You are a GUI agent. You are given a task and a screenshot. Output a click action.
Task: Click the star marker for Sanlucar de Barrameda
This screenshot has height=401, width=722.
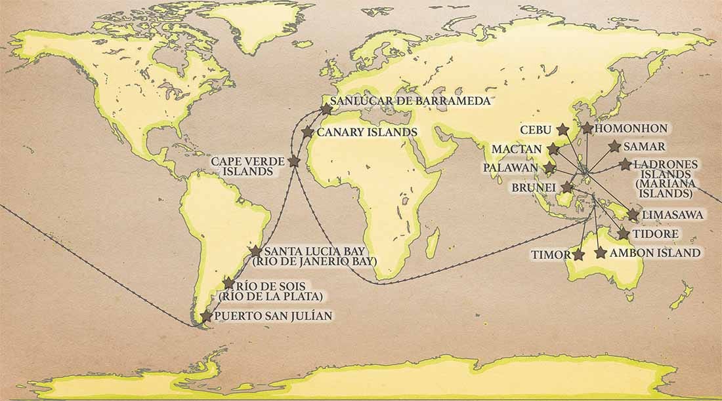coord(326,109)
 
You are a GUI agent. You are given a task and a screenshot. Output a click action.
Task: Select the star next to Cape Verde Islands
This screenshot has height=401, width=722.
coord(294,161)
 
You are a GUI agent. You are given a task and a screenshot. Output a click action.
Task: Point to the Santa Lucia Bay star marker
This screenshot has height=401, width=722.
coord(256,252)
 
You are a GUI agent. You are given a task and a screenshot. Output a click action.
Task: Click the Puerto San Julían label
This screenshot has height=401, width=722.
coord(274,316)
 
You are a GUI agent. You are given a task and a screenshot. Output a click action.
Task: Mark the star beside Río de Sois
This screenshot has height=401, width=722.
coord(228,283)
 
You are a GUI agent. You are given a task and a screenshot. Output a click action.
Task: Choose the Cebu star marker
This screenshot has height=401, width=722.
coord(563,129)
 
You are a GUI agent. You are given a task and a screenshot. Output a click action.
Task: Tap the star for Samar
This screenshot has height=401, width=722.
coord(614,147)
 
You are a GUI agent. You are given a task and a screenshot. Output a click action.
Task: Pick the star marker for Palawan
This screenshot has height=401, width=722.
coord(550,168)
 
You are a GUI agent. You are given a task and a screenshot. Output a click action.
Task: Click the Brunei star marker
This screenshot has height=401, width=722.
coord(567,187)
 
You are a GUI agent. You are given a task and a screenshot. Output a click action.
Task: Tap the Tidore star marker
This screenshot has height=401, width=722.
coord(624,234)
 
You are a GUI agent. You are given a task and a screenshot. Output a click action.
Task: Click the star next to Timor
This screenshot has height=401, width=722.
coord(578,254)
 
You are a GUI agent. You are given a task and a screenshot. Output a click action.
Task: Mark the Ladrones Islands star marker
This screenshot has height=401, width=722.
coord(625,164)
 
